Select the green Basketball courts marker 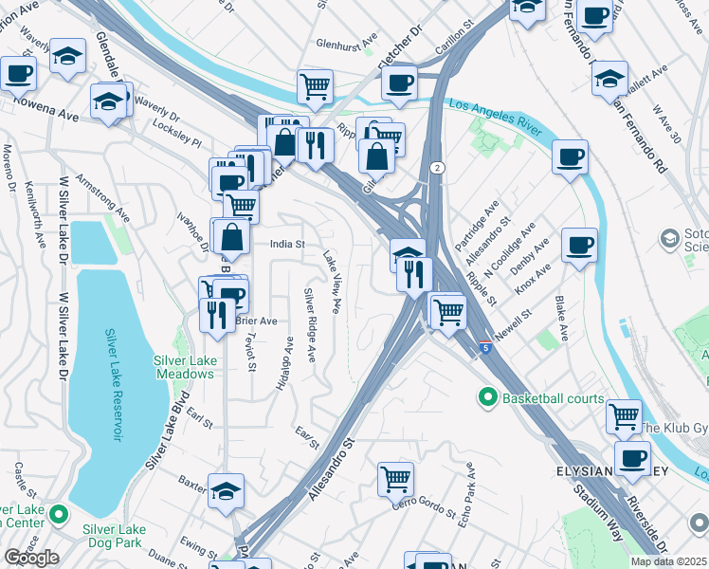tap(489, 397)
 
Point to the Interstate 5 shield tap(485, 348)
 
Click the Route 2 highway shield tap(434, 168)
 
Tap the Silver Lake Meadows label tap(185, 366)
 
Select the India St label tap(286, 244)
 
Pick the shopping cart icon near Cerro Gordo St tap(395, 479)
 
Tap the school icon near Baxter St tap(227, 490)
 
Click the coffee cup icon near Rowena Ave tap(18, 73)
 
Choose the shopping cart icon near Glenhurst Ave tap(316, 86)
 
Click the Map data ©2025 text tap(668, 561)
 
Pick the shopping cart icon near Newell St tap(448, 310)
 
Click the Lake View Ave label tap(333, 282)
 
